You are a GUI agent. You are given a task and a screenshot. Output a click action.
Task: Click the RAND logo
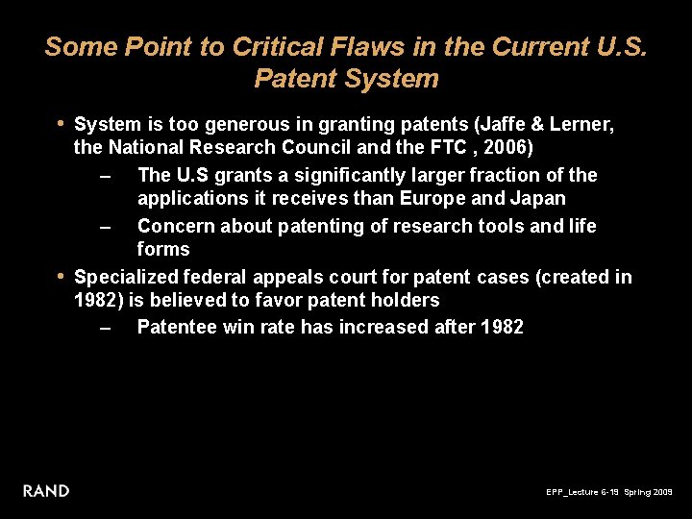click(x=46, y=491)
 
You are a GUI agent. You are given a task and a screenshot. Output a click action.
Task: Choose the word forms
click(x=163, y=249)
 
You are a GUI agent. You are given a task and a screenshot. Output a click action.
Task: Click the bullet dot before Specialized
click(x=61, y=276)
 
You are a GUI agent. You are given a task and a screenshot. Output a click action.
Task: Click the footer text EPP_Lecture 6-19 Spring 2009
click(x=609, y=492)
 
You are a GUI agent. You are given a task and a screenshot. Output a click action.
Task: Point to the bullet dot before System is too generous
click(x=61, y=123)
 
